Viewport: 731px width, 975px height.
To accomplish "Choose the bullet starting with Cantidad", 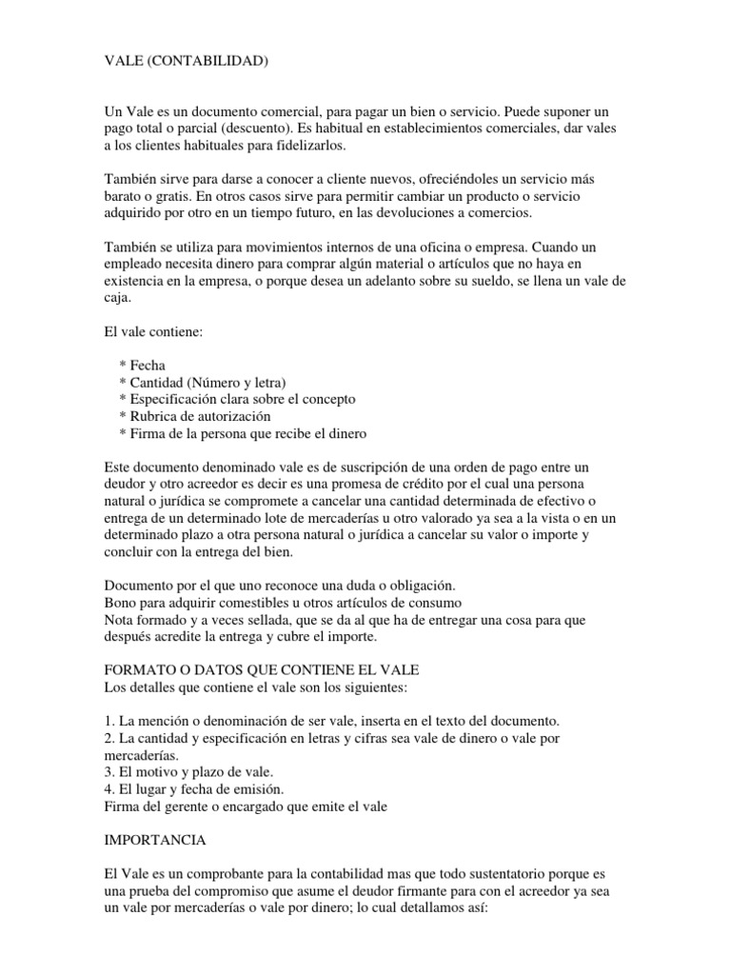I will click(203, 382).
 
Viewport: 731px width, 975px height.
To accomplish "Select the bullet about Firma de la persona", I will click(243, 433).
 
